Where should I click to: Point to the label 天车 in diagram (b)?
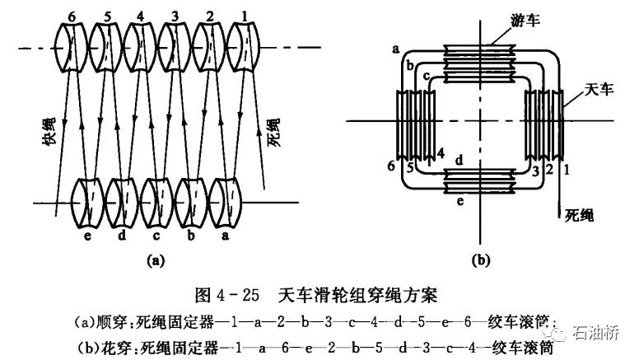(599, 88)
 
